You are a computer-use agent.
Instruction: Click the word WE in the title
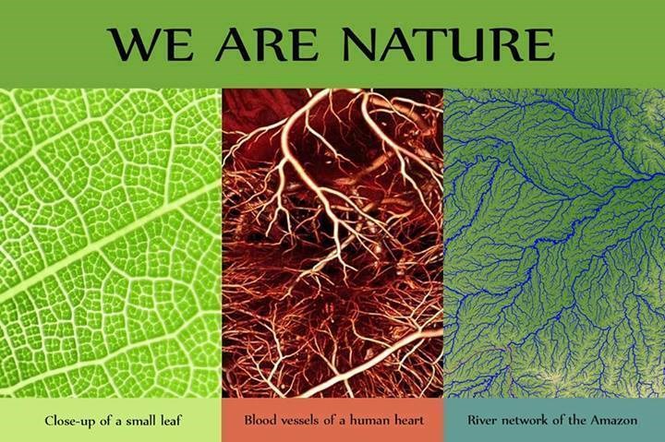coord(151,44)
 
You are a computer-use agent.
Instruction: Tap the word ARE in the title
coord(266,44)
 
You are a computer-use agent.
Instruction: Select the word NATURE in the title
coord(448,44)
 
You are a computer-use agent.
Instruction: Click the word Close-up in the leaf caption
coord(70,421)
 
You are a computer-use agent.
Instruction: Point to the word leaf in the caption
coord(171,421)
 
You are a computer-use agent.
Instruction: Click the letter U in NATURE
coord(469,44)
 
